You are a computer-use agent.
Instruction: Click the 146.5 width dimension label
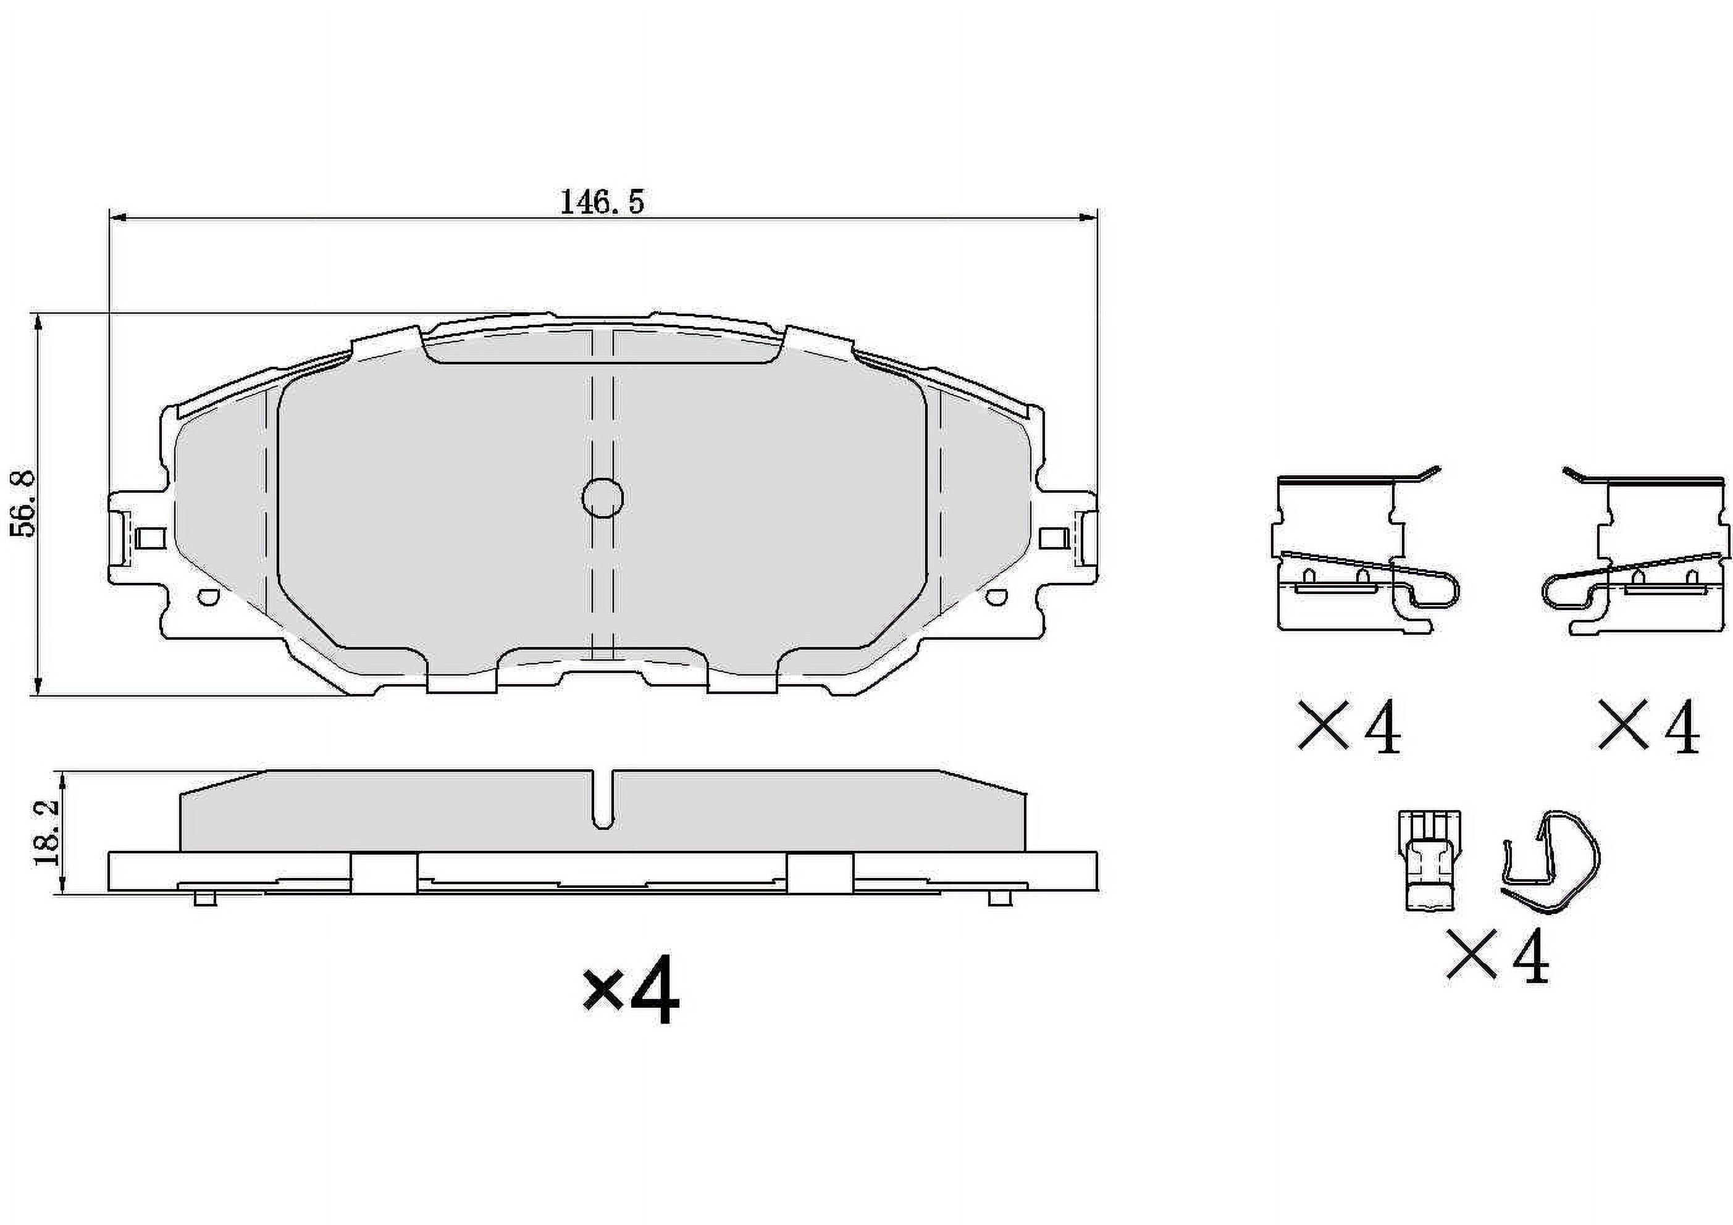[602, 203]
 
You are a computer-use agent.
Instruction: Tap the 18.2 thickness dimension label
[48, 834]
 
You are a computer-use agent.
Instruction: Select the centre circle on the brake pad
[602, 498]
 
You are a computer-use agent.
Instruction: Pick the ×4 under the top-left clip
[1349, 727]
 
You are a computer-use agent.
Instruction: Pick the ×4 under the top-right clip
[1648, 727]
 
